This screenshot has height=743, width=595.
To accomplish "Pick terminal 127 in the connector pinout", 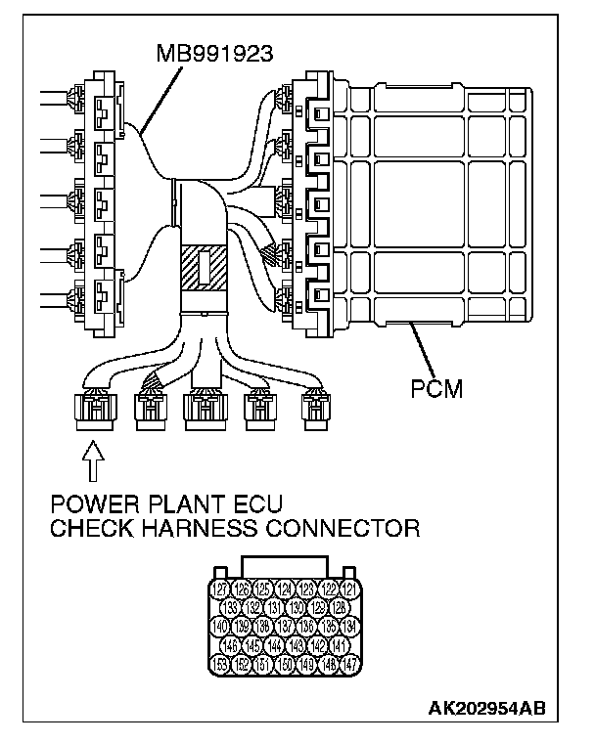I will [x=221, y=590].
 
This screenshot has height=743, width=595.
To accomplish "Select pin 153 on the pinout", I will [x=221, y=665].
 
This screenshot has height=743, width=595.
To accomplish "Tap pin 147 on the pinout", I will [x=351, y=665].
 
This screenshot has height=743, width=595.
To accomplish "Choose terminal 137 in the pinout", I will [x=286, y=627].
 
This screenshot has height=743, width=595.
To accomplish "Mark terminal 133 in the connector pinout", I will [x=233, y=608].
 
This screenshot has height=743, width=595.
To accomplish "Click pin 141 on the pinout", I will [x=340, y=645].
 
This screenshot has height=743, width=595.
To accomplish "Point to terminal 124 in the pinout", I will [x=286, y=590].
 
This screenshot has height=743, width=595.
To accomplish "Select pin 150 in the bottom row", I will [x=286, y=665].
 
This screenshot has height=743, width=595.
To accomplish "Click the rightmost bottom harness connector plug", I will [x=316, y=411].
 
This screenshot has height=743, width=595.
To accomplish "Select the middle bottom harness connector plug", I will [x=206, y=411].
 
